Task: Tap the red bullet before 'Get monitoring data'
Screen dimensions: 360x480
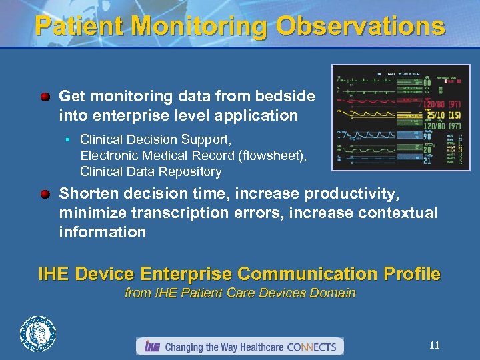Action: point(45,97)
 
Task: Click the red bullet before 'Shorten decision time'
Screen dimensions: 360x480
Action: point(45,194)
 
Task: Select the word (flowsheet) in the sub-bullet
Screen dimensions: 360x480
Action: point(274,155)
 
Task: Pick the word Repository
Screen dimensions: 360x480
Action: point(189,171)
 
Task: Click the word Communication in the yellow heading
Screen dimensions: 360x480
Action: point(301,274)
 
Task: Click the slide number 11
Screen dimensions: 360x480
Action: point(434,345)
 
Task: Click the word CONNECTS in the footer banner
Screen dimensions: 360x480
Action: point(313,347)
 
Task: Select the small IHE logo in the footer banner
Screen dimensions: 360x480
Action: point(152,347)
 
